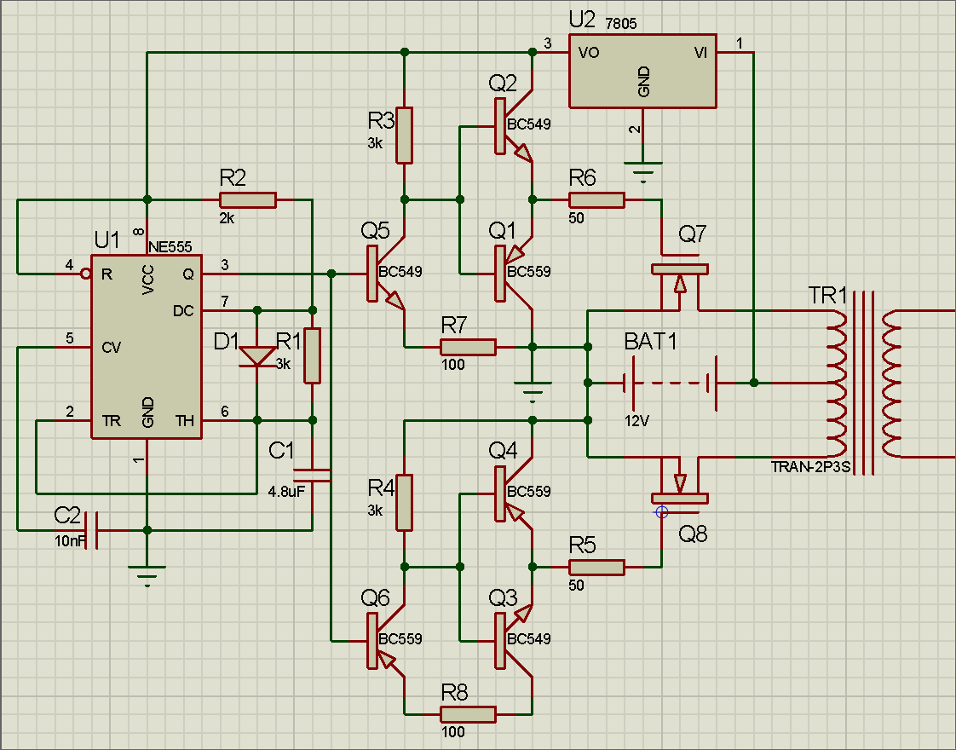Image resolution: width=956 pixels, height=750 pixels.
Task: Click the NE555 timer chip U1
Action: (x=147, y=347)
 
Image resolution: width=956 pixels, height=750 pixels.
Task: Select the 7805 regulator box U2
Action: (x=642, y=72)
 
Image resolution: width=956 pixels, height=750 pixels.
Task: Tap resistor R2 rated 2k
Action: (x=247, y=200)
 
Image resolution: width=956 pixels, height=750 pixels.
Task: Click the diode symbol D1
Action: (x=256, y=355)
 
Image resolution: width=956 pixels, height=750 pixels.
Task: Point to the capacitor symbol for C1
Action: (x=312, y=470)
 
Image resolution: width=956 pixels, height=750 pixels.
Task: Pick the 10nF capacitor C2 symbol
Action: (x=95, y=530)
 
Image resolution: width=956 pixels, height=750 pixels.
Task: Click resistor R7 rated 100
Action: (x=468, y=347)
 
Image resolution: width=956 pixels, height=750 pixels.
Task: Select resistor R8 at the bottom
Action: (x=468, y=714)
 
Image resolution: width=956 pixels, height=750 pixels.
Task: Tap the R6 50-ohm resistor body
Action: (x=596, y=200)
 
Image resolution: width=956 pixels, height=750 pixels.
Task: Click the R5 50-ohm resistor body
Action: (x=596, y=567)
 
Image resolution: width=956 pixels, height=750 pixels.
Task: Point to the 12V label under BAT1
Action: (x=637, y=421)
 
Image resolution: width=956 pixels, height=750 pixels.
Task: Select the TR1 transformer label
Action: (x=828, y=297)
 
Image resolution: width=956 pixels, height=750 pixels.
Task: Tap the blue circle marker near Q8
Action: (x=661, y=512)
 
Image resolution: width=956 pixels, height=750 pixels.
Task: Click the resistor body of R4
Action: (x=405, y=503)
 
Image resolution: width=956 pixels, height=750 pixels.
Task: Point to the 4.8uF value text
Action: (x=286, y=492)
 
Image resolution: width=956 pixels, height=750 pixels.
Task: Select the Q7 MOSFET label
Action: (x=693, y=233)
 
